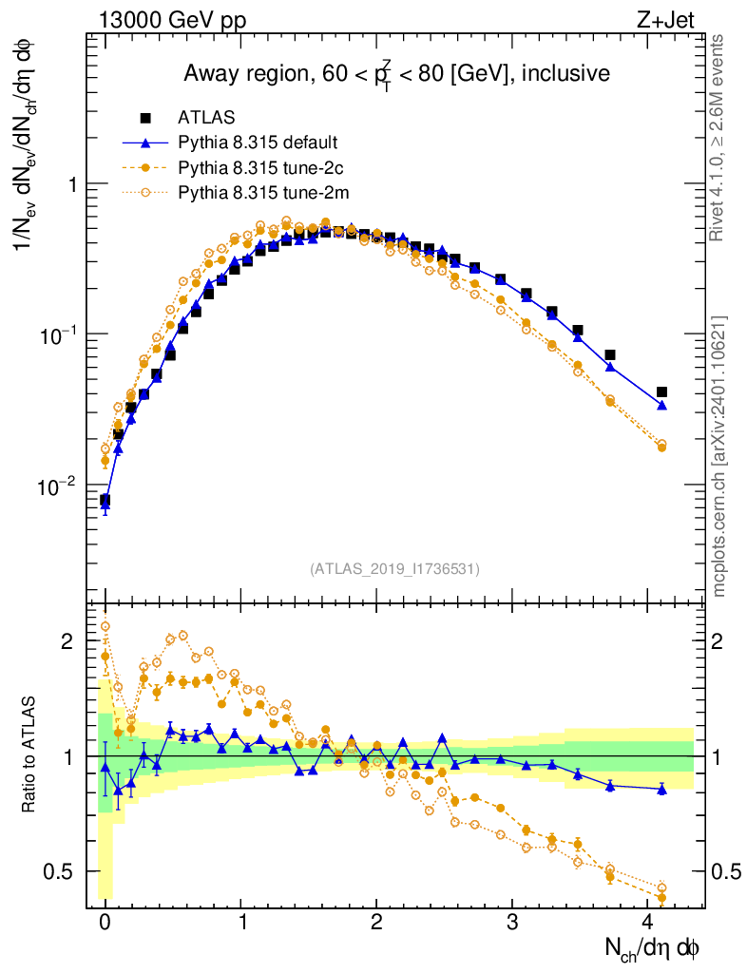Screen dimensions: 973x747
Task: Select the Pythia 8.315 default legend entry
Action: tap(257, 143)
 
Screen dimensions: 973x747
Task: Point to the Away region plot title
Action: tap(396, 74)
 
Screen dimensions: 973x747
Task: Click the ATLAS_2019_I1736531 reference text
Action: tap(394, 569)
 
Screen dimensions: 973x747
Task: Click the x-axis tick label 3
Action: tap(512, 925)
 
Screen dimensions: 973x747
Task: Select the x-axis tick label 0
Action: tap(105, 925)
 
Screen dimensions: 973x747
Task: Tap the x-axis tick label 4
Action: tap(648, 925)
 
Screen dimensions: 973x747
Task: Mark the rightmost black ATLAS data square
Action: tap(661, 391)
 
